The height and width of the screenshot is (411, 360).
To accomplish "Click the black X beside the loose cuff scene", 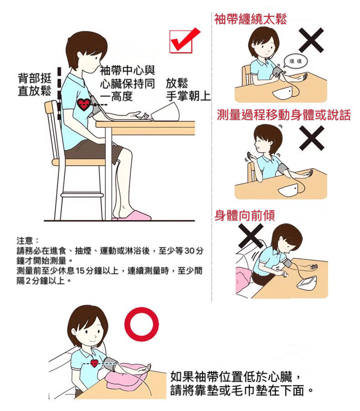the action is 311,40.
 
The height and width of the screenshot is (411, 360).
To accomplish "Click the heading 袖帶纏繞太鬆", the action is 251,19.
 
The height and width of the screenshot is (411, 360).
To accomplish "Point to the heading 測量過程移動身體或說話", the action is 284,115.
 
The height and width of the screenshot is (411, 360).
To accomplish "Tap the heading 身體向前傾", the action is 245,215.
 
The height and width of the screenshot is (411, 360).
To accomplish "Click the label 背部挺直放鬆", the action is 35,84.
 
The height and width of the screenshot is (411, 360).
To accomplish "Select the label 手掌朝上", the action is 188,96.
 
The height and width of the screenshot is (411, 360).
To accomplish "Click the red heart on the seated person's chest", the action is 84,104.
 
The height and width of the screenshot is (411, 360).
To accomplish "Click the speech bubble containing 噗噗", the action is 295,62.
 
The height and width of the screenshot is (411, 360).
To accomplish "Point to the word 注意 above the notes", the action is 25,240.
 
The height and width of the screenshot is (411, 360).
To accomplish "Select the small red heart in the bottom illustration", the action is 94,363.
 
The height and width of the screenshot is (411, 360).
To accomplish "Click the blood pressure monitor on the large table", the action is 165,112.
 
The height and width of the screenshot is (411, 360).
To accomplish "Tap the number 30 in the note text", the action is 189,250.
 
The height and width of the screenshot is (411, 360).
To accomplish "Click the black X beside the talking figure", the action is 312,138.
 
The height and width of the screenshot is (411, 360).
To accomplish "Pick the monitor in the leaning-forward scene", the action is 308,283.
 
